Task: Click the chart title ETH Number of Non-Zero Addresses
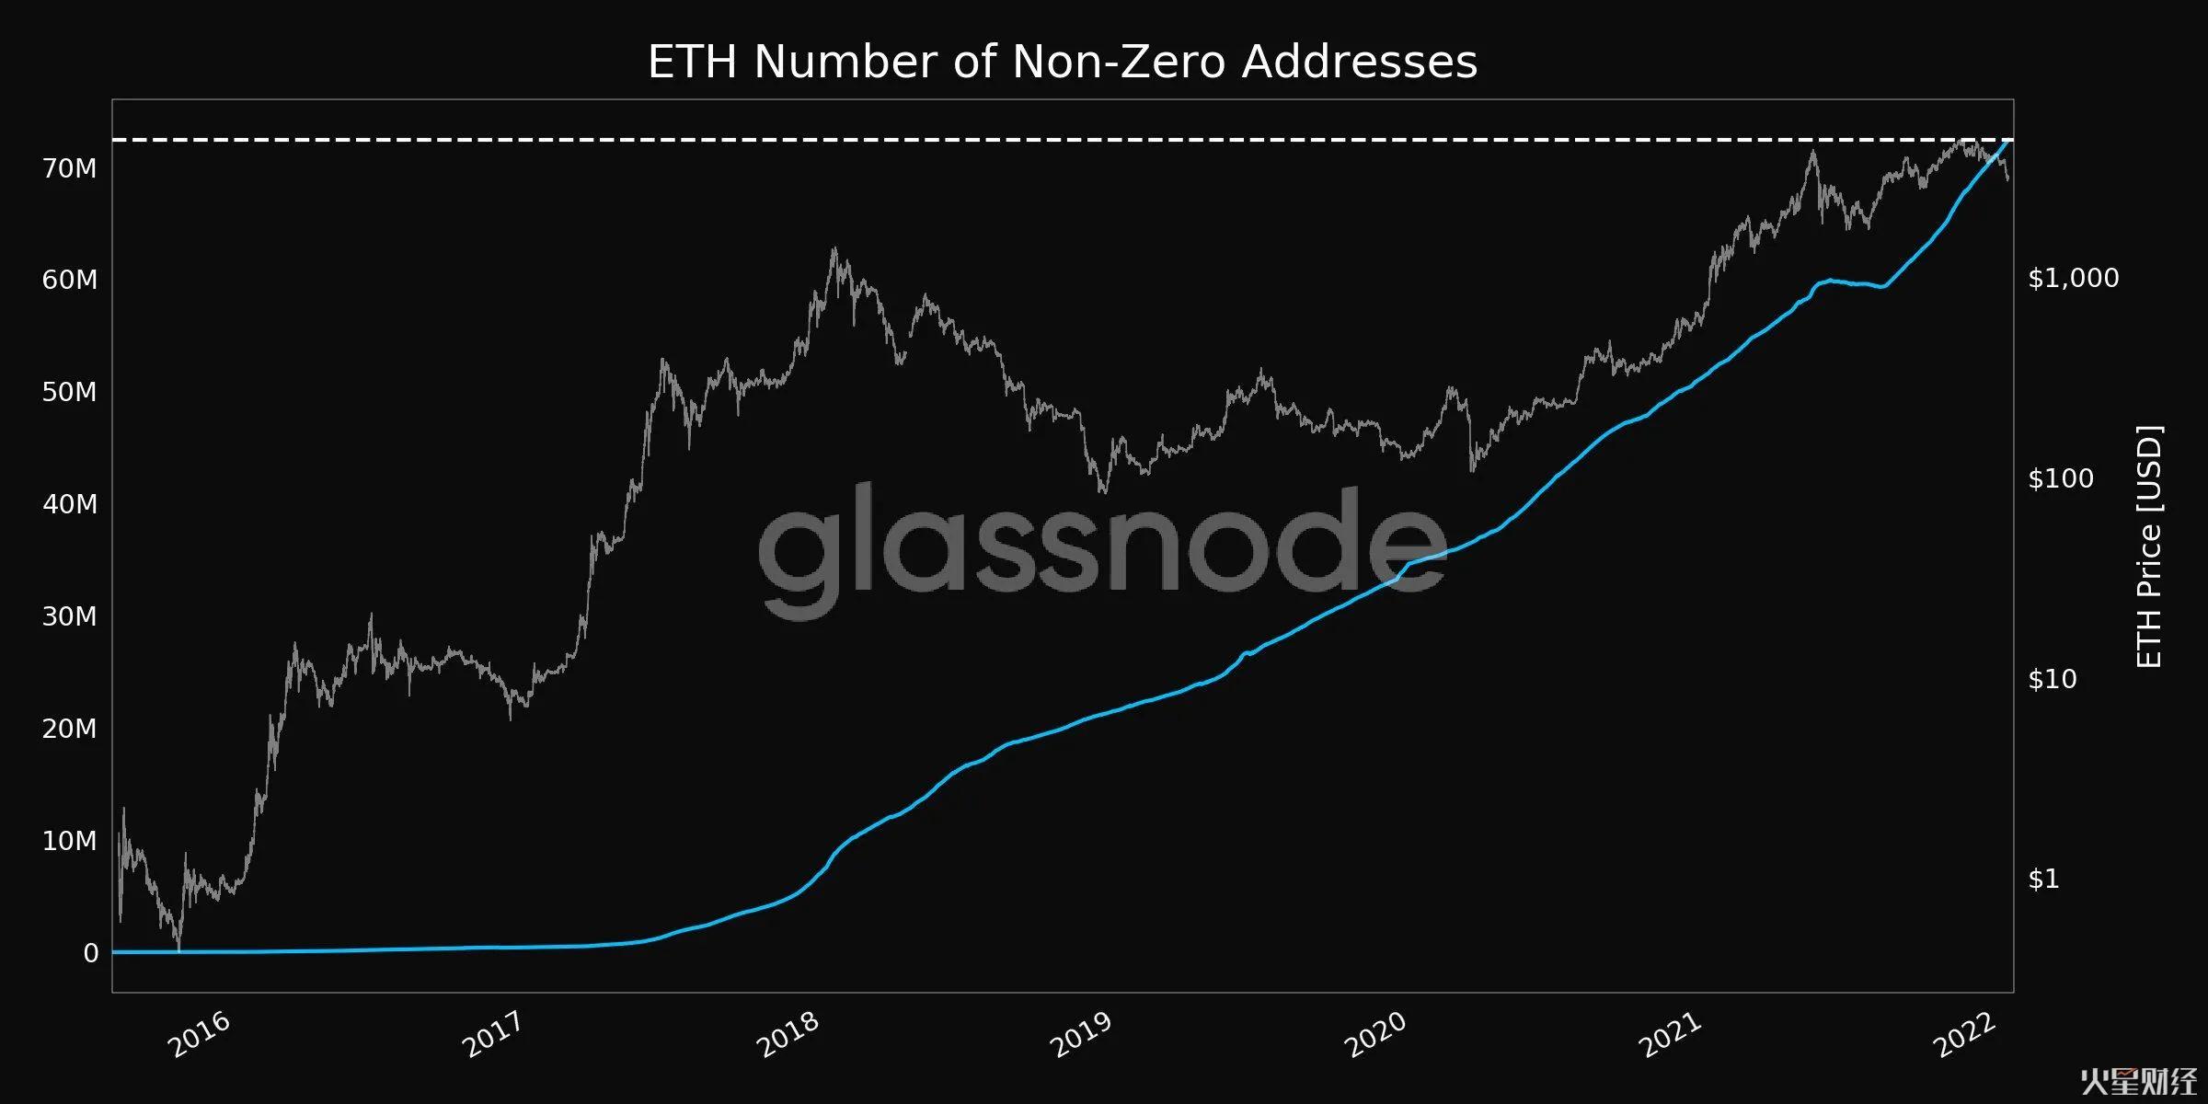(1063, 63)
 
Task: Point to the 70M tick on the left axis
(69, 168)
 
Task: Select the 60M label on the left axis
(69, 280)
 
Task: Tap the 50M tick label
(69, 392)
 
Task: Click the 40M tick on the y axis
(69, 504)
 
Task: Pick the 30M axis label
(69, 616)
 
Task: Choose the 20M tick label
(69, 729)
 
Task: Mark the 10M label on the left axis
(69, 841)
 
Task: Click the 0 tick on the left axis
(90, 953)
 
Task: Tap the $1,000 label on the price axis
(2073, 278)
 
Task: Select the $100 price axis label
(2060, 478)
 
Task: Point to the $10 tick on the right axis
(2052, 679)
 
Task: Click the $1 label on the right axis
(2043, 880)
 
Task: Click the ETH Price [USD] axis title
(2149, 546)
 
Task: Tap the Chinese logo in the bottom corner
(2138, 1083)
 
